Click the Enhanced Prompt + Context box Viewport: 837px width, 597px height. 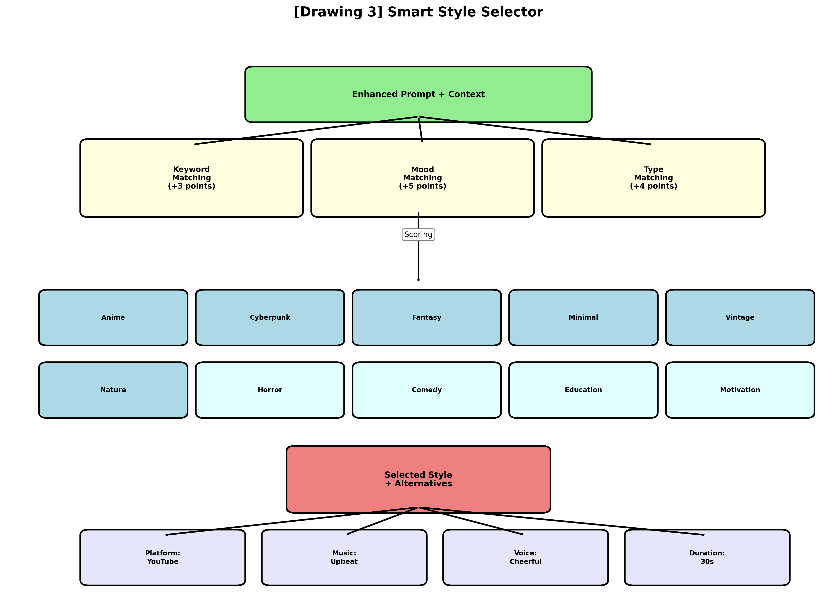pos(418,94)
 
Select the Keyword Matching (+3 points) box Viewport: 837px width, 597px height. pos(191,178)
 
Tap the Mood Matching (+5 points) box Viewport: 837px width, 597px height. pos(422,178)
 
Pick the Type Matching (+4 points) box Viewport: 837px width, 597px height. pos(653,178)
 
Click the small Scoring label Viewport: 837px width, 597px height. pos(418,235)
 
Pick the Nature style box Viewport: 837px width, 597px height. pos(113,390)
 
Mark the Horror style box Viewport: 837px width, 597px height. pos(270,390)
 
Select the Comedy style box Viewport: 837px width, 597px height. pos(427,390)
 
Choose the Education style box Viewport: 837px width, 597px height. pos(583,390)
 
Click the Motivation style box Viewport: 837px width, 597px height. pos(740,390)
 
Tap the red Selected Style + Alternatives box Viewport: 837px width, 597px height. pos(418,479)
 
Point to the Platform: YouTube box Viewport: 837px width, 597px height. pos(162,557)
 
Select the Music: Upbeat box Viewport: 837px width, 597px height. pos(344,557)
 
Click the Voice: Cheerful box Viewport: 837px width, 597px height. pos(525,557)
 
